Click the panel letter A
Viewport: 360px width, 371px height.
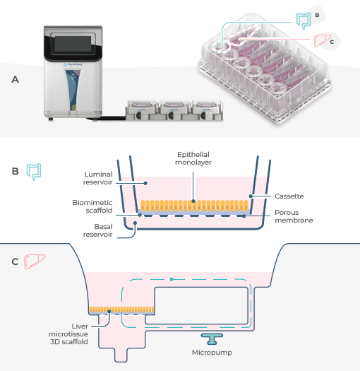[15, 80]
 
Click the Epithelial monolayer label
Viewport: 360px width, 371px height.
[193, 156]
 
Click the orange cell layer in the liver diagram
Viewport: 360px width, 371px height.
[121, 310]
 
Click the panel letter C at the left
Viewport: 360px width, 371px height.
[15, 261]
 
